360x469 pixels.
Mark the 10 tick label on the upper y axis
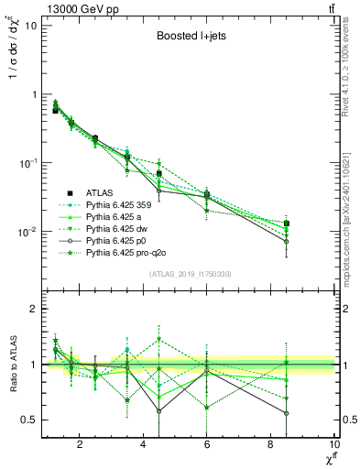(30, 26)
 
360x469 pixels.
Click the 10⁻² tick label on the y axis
(27, 232)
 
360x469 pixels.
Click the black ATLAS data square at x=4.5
(159, 173)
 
